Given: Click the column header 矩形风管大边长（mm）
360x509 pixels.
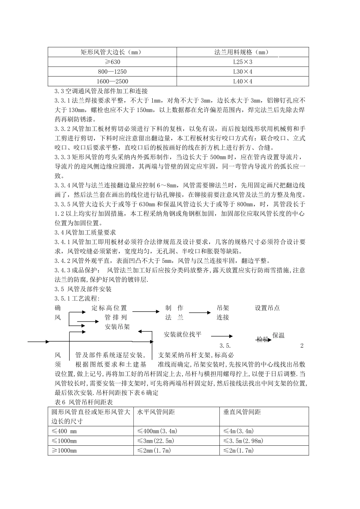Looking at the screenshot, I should (x=113, y=52).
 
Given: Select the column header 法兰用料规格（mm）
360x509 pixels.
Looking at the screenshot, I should (x=243, y=52).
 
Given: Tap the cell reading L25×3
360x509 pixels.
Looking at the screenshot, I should (x=243, y=62).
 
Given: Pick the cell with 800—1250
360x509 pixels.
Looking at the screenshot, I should (x=113, y=72).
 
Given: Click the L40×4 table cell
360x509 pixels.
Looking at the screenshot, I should (x=243, y=81).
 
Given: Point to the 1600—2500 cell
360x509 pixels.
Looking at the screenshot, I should (x=113, y=81).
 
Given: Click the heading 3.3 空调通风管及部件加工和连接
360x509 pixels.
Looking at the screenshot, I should (x=101, y=91).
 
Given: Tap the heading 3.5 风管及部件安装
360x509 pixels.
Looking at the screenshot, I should (x=83, y=289).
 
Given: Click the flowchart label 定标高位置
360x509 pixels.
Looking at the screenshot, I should (x=110, y=308).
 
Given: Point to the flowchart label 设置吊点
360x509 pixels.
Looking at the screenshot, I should (x=267, y=308).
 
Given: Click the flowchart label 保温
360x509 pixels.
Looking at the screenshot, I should (x=279, y=335).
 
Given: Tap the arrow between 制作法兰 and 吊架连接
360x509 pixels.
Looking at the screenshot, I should (x=200, y=312).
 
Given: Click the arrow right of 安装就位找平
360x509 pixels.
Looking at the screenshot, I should (x=222, y=336).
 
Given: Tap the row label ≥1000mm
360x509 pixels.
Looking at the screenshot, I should (x=64, y=450).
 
